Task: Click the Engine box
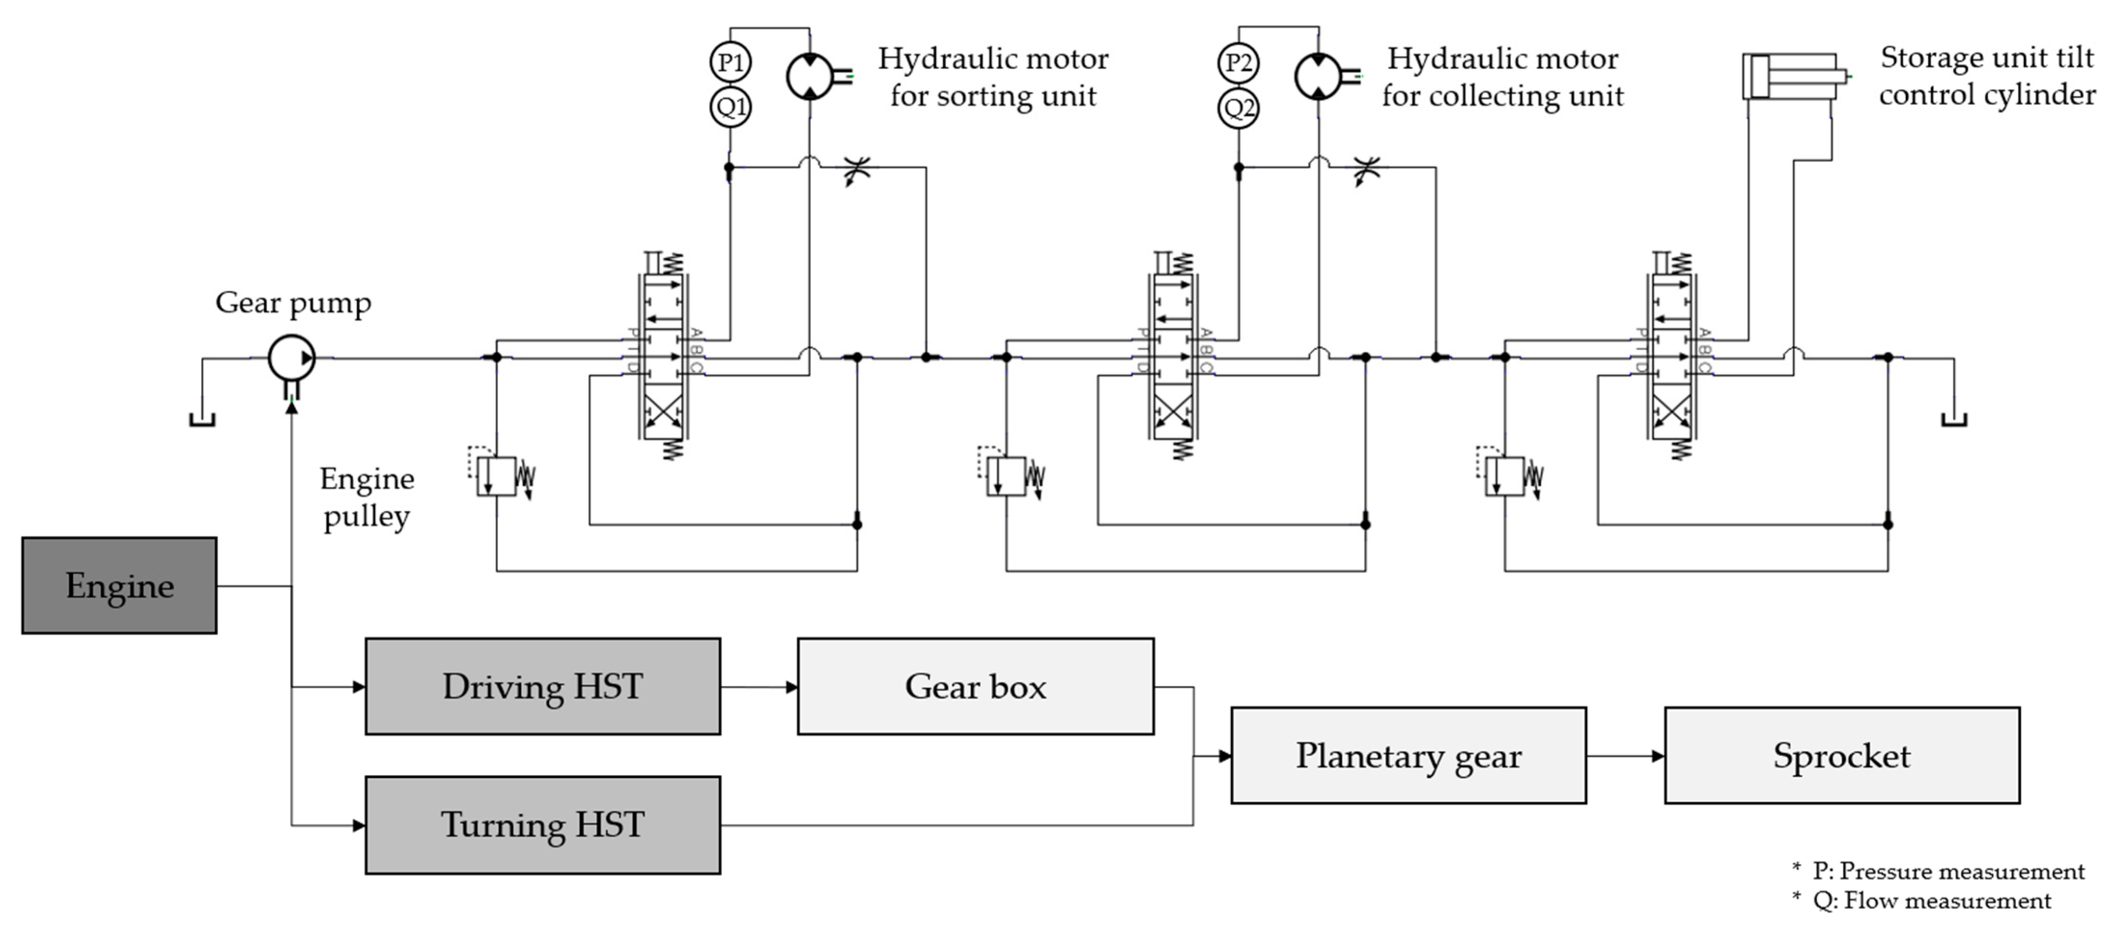click(x=119, y=586)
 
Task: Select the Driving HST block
click(x=543, y=687)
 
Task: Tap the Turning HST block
click(x=543, y=825)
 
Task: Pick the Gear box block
click(x=975, y=687)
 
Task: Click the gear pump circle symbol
click(x=291, y=358)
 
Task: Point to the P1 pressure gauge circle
click(x=729, y=62)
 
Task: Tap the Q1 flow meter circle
click(x=729, y=107)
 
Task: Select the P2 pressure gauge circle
click(x=1238, y=62)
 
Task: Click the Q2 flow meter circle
click(x=1238, y=108)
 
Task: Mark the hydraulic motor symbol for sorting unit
click(x=810, y=76)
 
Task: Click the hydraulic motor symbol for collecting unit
click(x=1319, y=76)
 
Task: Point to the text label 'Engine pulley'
click(x=367, y=497)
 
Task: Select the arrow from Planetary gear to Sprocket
click(x=1625, y=756)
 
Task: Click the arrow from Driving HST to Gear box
click(x=759, y=687)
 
